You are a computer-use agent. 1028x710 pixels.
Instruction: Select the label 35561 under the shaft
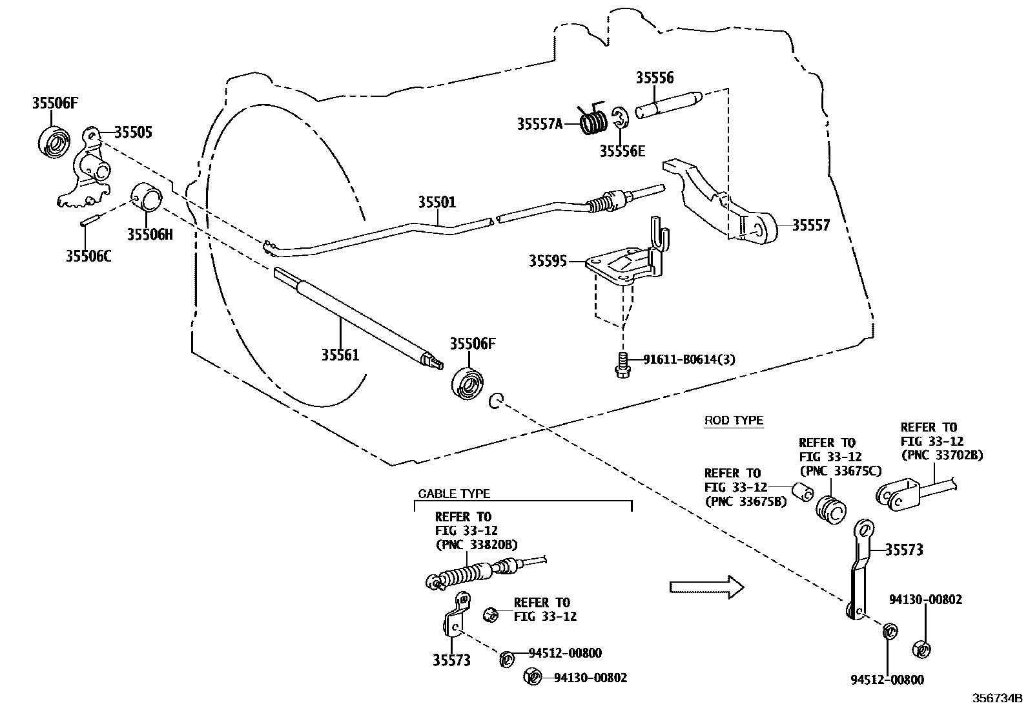tap(340, 355)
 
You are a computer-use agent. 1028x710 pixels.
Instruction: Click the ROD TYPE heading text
tap(734, 421)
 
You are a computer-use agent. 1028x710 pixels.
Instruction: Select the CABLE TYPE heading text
tap(454, 494)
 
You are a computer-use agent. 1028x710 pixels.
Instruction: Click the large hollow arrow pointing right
tap(706, 587)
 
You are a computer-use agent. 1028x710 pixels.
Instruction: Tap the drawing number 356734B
tap(998, 698)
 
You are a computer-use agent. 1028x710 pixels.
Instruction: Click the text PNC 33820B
tap(477, 545)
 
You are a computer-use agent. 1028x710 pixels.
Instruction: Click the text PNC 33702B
tap(941, 455)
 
